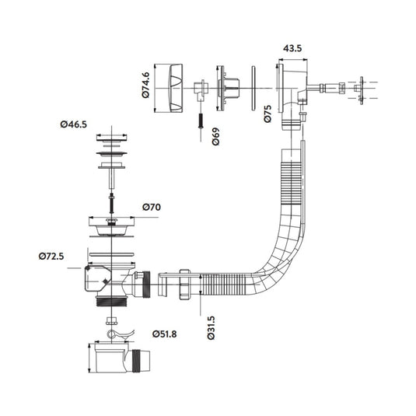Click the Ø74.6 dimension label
coord(145,86)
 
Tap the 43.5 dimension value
coord(292,48)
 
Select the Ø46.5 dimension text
coord(74,124)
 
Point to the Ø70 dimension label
coord(152,207)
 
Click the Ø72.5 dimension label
coord(51,257)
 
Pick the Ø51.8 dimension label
coord(165,334)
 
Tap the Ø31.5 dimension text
coord(211,328)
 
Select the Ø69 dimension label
coord(216,136)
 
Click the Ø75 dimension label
coord(268,114)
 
